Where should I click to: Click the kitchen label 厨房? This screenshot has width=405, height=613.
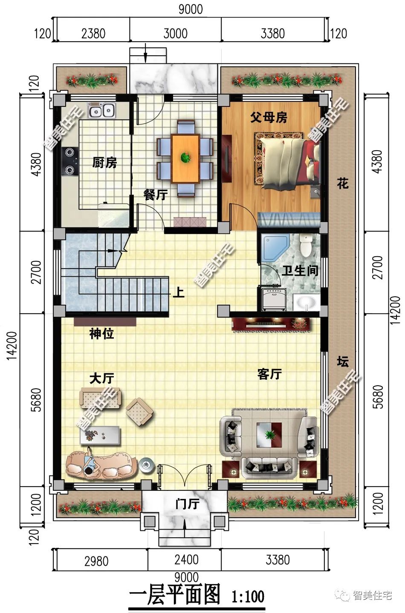pyautogui.click(x=104, y=163)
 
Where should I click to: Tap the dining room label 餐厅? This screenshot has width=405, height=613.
pyautogui.click(x=155, y=195)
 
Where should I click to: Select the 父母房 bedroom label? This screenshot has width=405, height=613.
pyautogui.click(x=269, y=117)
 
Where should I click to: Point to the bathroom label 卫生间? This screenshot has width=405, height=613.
pyautogui.click(x=300, y=271)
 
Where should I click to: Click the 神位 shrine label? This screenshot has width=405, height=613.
pyautogui.click(x=101, y=334)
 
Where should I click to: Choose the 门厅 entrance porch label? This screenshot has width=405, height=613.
pyautogui.click(x=188, y=504)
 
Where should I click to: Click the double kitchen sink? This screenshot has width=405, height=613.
pyautogui.click(x=102, y=110)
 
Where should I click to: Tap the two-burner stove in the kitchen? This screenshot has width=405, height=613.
pyautogui.click(x=70, y=161)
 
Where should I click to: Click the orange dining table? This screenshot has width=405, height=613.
pyautogui.click(x=185, y=158)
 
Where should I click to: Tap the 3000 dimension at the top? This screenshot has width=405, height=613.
pyautogui.click(x=175, y=34)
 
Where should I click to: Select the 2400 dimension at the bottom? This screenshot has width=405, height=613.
pyautogui.click(x=186, y=559)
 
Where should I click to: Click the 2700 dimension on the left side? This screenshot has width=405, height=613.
pyautogui.click(x=36, y=272)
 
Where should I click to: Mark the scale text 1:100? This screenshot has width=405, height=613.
pyautogui.click(x=248, y=596)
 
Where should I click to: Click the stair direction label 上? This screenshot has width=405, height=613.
pyautogui.click(x=179, y=292)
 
